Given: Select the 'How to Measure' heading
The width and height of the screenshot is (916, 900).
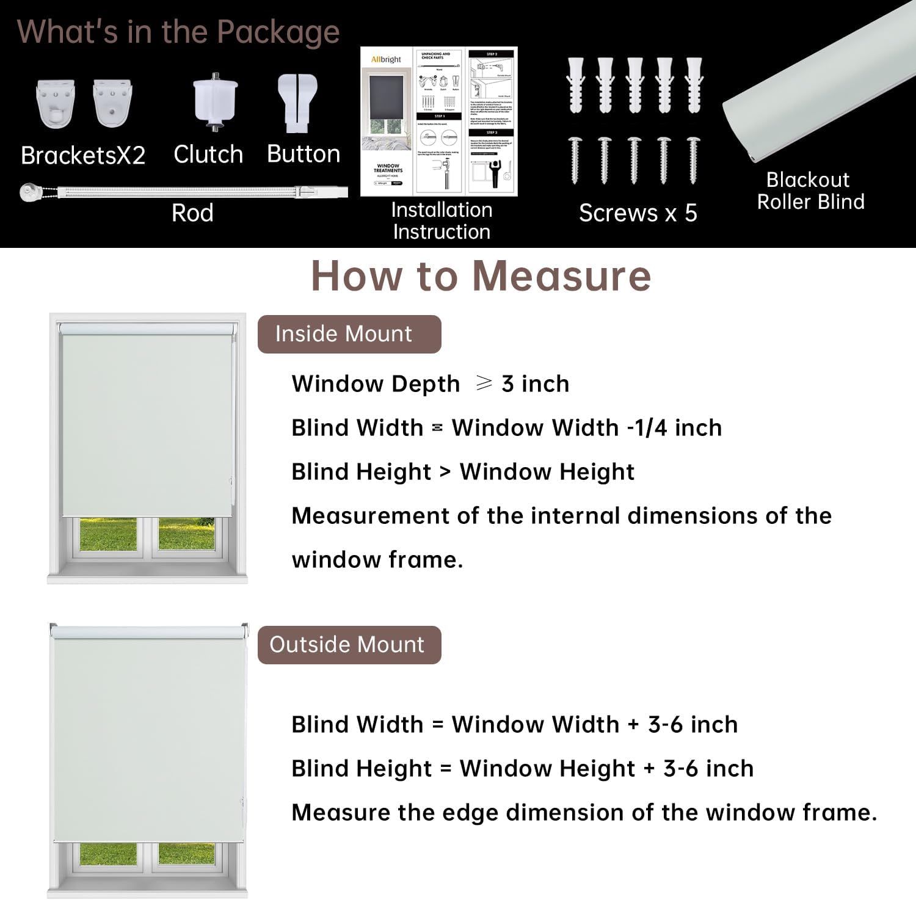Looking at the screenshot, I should click(x=481, y=276).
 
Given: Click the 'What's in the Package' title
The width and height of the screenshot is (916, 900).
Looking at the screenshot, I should click(x=178, y=32).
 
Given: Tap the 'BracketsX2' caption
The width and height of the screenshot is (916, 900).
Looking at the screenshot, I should click(x=83, y=156).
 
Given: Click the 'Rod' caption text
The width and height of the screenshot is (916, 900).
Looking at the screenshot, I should click(x=192, y=213).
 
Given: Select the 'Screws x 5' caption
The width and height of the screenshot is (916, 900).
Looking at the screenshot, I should click(x=638, y=213).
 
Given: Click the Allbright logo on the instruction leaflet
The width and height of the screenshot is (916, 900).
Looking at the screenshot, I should click(x=386, y=59).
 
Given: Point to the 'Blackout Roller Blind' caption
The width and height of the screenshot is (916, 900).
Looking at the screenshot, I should click(x=810, y=191).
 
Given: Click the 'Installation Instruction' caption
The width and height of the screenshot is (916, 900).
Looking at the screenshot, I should click(x=442, y=220).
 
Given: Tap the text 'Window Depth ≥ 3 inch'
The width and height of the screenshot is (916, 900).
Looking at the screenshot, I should click(x=431, y=384).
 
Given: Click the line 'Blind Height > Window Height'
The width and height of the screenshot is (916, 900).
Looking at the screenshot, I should click(x=463, y=472).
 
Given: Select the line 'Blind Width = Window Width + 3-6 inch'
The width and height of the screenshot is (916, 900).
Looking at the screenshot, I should click(x=514, y=725).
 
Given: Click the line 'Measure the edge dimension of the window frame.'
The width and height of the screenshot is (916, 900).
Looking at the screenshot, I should click(x=584, y=813).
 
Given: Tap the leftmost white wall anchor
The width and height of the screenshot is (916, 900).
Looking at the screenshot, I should click(x=576, y=85).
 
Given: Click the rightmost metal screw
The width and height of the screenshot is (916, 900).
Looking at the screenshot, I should click(x=693, y=160).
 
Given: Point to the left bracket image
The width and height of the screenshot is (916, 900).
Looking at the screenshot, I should click(x=56, y=103).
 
